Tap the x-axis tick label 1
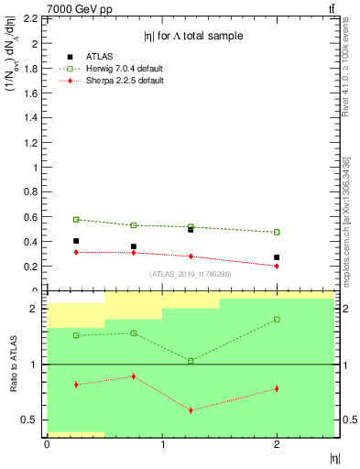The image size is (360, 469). coord(162,444)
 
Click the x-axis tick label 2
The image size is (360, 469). coord(278,444)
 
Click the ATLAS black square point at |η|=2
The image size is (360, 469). coord(278,257)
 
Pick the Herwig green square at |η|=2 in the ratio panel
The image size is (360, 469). coord(278,320)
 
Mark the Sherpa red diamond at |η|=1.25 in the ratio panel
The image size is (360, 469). coord(191,409)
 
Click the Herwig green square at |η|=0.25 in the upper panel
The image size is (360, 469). coord(76,220)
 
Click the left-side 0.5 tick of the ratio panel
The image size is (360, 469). coord(31,420)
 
